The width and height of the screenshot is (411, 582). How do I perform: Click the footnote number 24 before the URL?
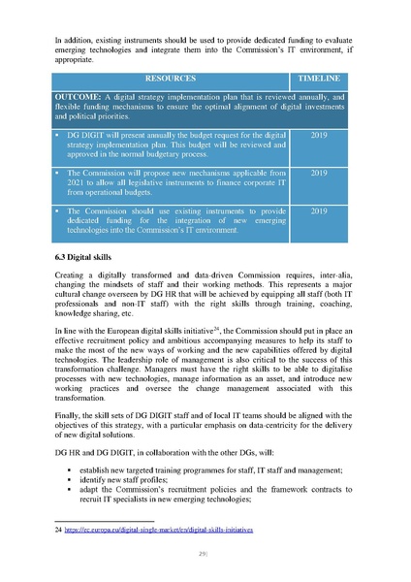(x=58, y=531)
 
